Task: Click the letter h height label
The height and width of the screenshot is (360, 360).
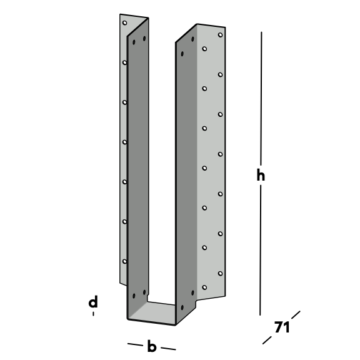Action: (x=261, y=175)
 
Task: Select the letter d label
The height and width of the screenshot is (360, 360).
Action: (x=93, y=301)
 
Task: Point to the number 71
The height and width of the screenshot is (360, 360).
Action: (x=282, y=327)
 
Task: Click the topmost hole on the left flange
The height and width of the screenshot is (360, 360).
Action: (x=124, y=22)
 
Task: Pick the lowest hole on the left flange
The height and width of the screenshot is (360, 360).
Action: (x=124, y=261)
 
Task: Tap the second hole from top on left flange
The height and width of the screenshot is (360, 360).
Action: (x=124, y=62)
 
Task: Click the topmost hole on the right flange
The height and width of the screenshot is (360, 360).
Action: (x=220, y=35)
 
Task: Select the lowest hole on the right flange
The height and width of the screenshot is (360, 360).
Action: (x=204, y=287)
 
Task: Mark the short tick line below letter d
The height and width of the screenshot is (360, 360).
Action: (x=93, y=314)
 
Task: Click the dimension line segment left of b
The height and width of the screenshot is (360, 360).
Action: (x=135, y=344)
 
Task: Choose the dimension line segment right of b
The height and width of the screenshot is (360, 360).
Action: (x=168, y=349)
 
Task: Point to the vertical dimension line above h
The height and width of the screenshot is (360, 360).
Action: (x=261, y=99)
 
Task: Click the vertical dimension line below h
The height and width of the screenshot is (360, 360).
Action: (x=261, y=250)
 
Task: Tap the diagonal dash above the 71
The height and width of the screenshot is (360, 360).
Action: (x=296, y=315)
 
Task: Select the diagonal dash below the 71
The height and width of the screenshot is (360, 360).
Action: (x=267, y=340)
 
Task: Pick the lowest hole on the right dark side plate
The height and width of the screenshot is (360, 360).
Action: (x=182, y=307)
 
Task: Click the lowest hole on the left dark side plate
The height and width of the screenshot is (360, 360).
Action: (x=134, y=296)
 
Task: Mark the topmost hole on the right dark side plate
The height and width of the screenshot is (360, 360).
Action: (x=192, y=39)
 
